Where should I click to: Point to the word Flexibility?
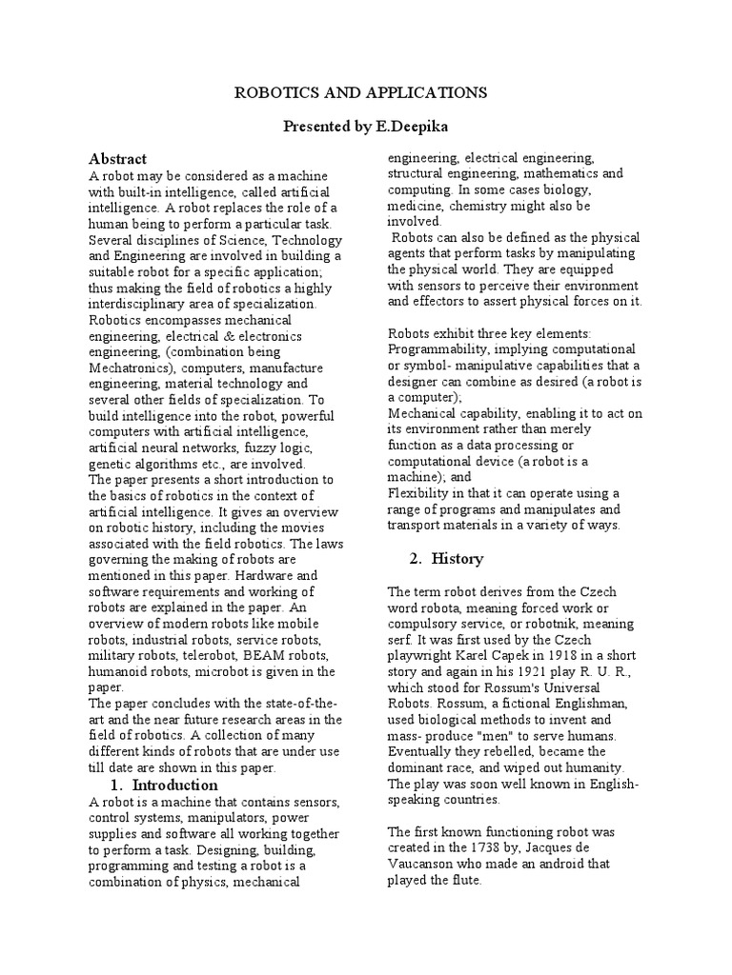click(423, 492)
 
